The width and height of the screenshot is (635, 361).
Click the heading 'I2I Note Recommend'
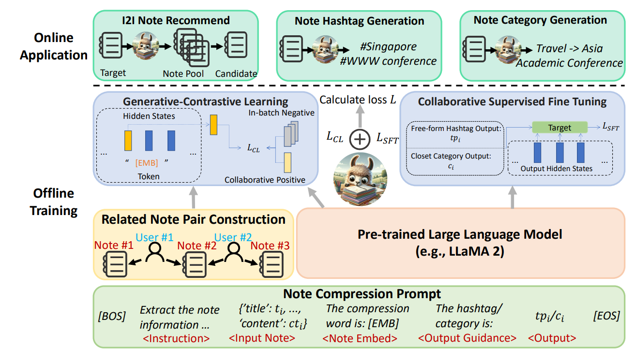[175, 20]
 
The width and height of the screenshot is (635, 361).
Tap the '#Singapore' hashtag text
[388, 47]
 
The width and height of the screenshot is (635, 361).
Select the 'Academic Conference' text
[569, 63]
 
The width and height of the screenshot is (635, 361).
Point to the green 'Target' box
[559, 128]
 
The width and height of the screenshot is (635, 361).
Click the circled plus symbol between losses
[359, 139]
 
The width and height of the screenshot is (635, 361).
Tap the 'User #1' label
[154, 237]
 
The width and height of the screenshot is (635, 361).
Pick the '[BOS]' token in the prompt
[112, 317]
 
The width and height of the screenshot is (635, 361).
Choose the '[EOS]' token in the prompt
[606, 317]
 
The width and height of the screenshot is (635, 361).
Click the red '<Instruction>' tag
[176, 338]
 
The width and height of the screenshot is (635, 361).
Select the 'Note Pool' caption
[183, 74]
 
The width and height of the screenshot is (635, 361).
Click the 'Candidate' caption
[236, 74]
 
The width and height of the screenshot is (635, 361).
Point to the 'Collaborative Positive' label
[265, 180]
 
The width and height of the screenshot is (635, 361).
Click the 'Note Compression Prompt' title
[362, 294]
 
